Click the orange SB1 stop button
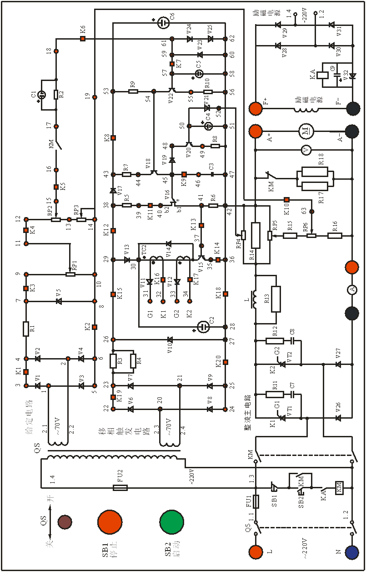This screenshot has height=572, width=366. (110, 522)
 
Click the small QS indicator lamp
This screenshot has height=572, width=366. (65, 522)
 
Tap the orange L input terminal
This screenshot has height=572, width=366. (256, 552)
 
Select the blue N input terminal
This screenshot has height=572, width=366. (351, 552)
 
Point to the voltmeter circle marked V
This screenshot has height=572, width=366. (306, 150)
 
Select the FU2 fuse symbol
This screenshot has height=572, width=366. (120, 488)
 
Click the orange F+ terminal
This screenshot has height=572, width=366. (256, 109)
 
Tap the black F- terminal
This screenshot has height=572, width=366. (351, 109)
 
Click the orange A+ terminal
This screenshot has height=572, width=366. (256, 132)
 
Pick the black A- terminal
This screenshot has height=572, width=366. (351, 132)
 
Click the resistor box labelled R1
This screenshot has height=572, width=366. (26, 329)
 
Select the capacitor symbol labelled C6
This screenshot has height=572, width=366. (163, 23)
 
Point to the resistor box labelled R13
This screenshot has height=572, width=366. (276, 299)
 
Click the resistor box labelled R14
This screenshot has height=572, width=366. (256, 236)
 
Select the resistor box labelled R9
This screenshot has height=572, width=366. (133, 91)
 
